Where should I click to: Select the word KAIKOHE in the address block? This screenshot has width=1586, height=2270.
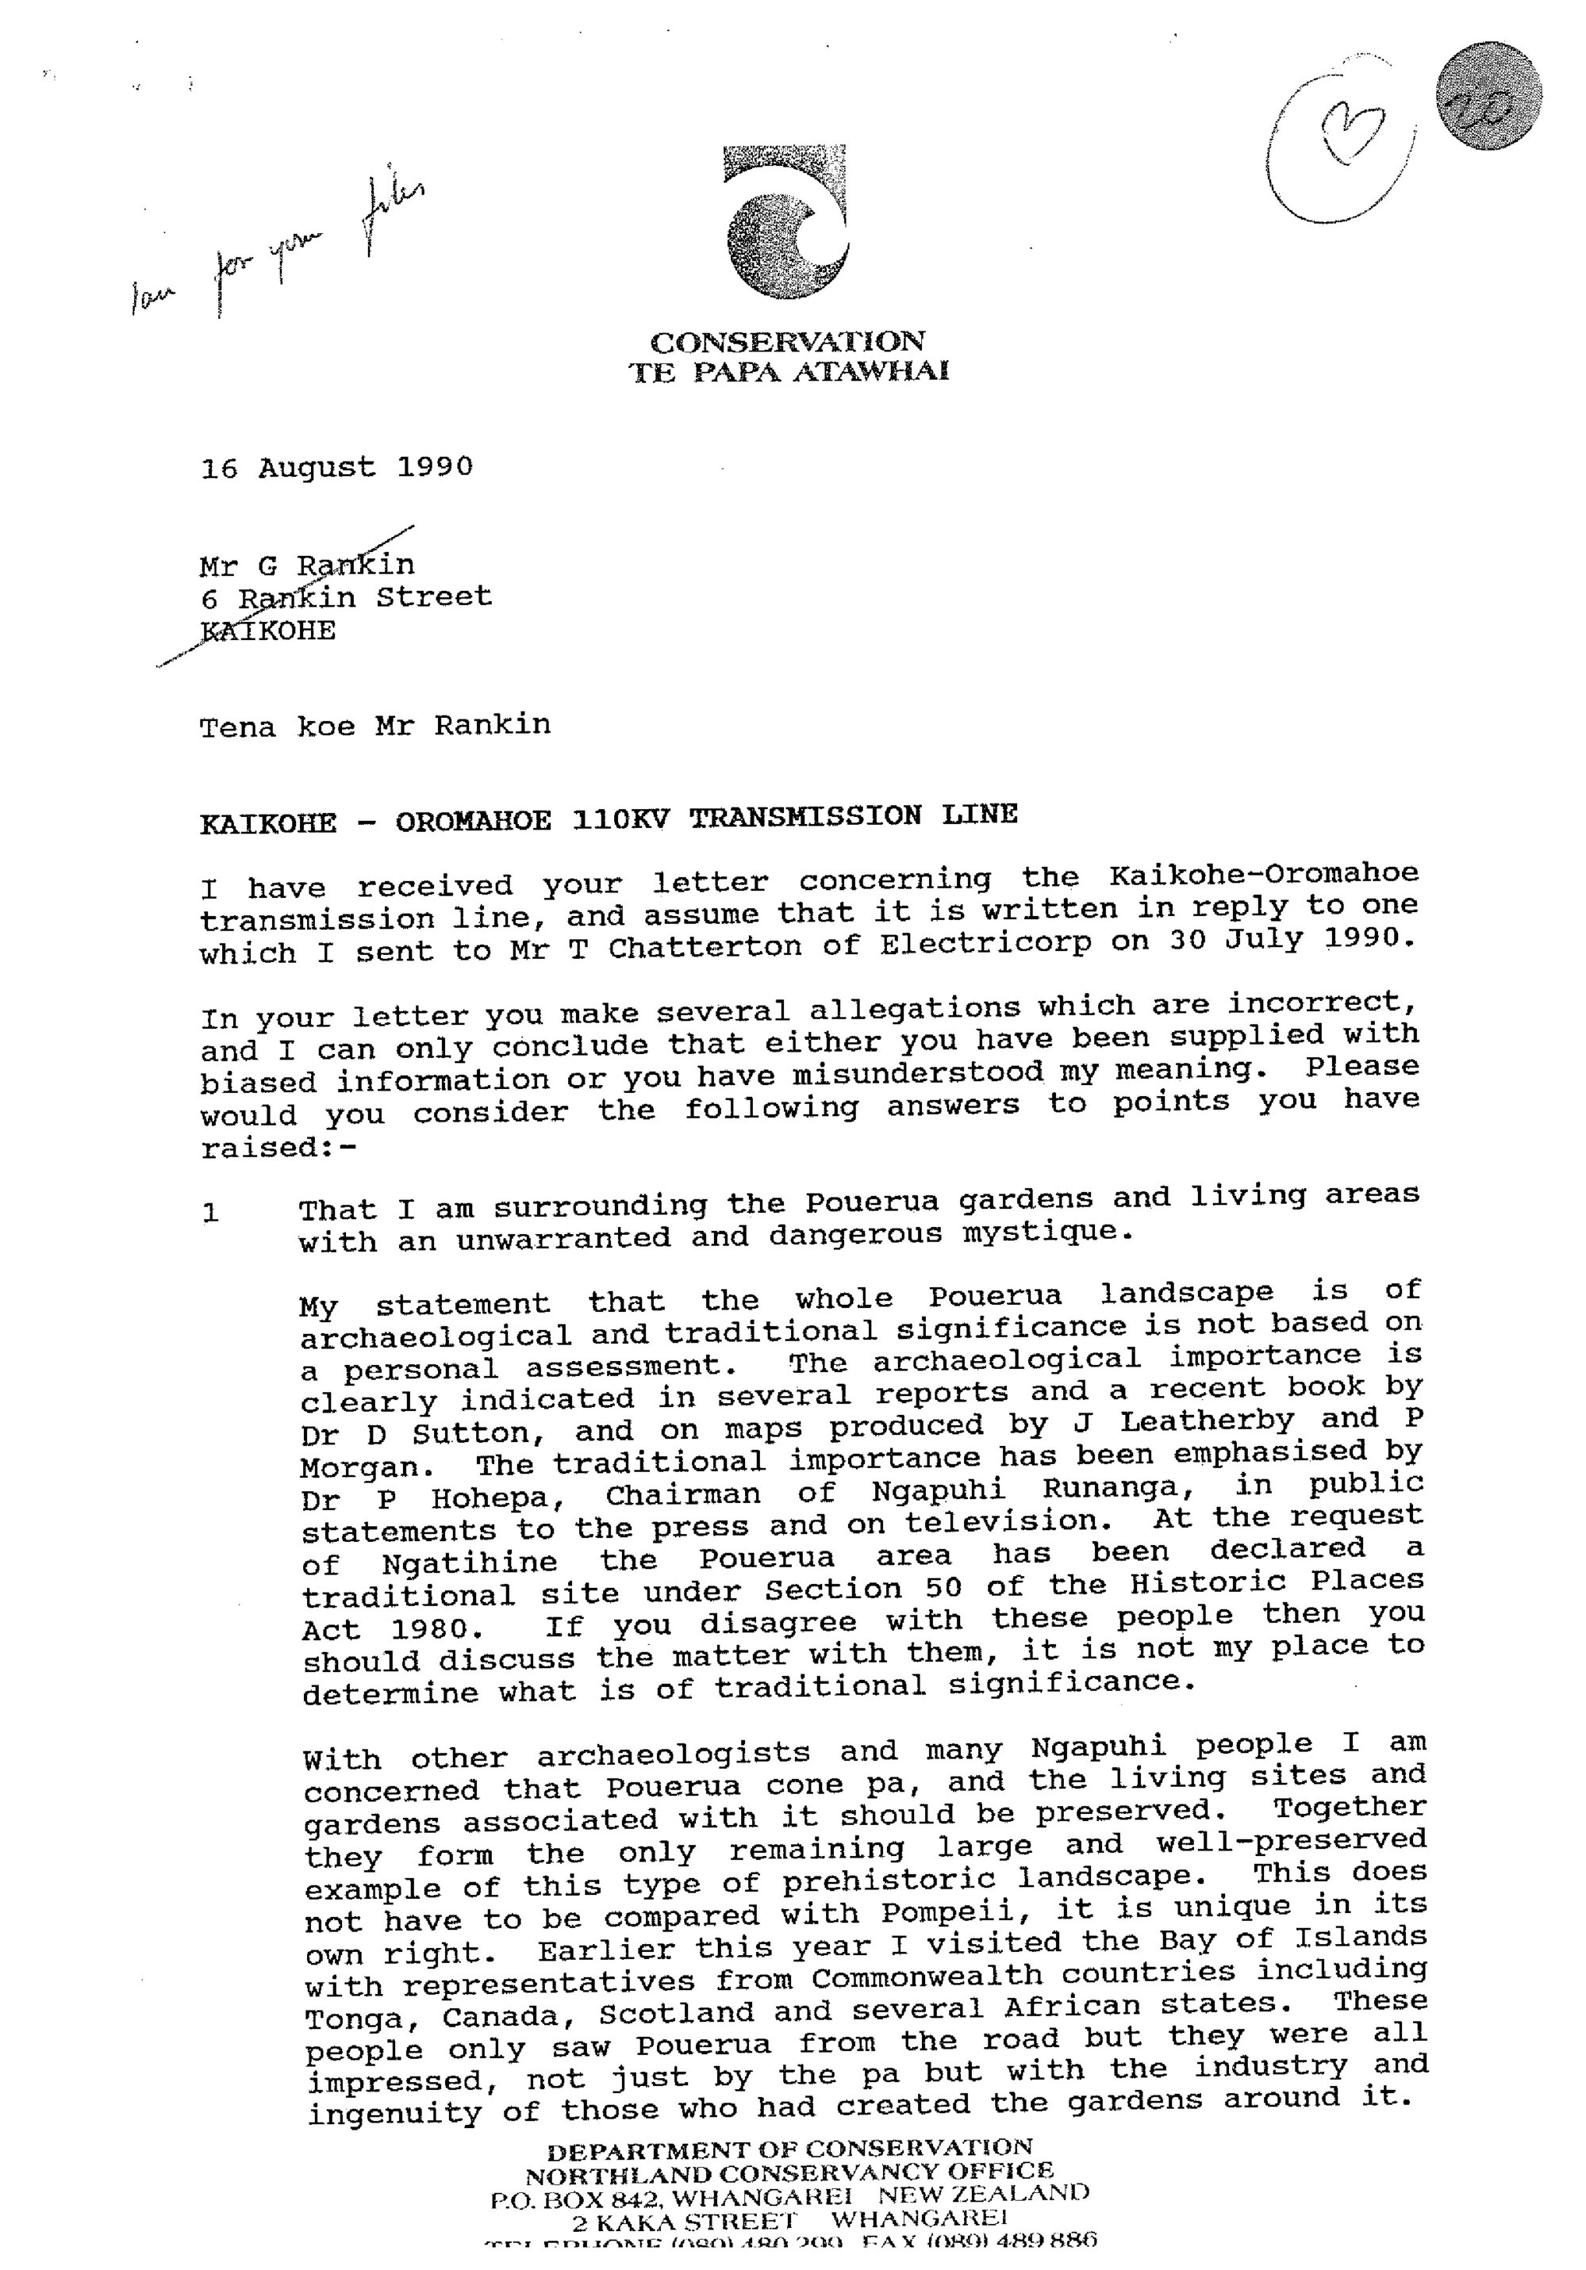pyautogui.click(x=268, y=631)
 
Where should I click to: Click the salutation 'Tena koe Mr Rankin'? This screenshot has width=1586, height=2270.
pyautogui.click(x=374, y=727)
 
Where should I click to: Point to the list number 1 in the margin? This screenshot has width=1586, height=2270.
pyautogui.click(x=210, y=1213)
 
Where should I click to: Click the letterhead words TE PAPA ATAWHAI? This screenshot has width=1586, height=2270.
pyautogui.click(x=788, y=372)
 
